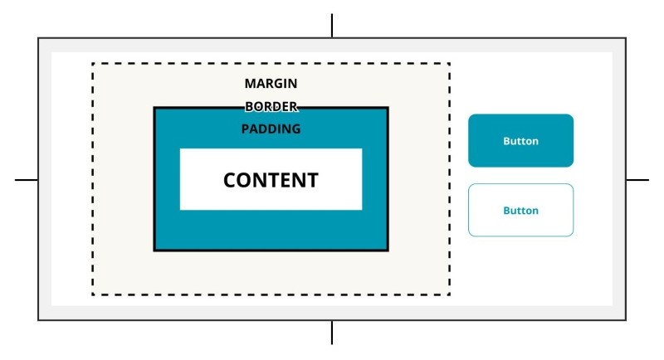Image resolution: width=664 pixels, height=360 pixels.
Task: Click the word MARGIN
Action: [271, 84]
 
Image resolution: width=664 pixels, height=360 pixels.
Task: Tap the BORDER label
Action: [271, 107]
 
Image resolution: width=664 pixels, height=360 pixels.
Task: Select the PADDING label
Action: [271, 129]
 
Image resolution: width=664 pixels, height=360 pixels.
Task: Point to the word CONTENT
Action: [271, 180]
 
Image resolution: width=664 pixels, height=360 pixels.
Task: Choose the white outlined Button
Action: [520, 211]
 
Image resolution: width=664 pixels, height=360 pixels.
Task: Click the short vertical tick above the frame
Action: [332, 26]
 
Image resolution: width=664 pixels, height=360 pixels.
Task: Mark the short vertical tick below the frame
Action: [332, 333]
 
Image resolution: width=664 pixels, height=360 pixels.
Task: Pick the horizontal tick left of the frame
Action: [27, 179]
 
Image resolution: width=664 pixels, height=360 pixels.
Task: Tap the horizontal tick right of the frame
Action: [637, 179]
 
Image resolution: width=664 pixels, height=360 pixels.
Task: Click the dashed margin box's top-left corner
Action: [92, 63]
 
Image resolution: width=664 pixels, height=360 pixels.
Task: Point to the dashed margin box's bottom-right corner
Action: [449, 294]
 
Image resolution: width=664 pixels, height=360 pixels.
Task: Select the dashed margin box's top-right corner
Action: [449, 63]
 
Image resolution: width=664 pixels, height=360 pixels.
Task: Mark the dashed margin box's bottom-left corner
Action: [92, 294]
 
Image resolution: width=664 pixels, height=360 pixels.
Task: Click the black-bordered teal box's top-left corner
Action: [154, 108]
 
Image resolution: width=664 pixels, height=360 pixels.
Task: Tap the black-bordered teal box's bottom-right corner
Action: [388, 250]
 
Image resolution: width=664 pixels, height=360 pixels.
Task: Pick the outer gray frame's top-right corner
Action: [625, 38]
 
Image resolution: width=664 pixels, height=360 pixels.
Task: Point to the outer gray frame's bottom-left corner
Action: [38, 319]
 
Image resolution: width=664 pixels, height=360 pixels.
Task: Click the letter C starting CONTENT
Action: [230, 180]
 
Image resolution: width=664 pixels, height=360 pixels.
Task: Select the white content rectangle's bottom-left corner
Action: [180, 209]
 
